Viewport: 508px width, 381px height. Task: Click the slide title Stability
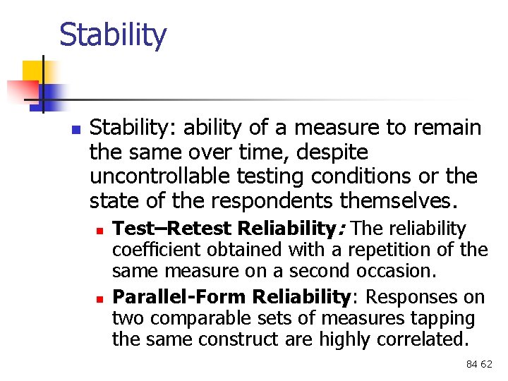[113, 35]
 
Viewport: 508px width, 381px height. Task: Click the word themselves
[399, 201]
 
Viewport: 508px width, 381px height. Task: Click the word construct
[228, 339]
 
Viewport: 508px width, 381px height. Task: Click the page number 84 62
[479, 364]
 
